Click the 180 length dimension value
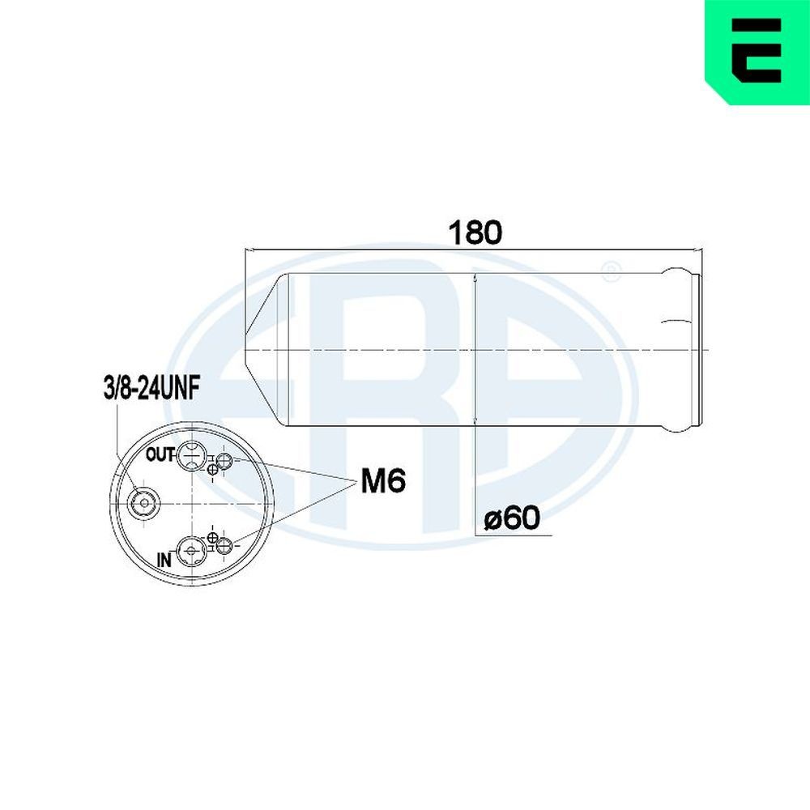coord(476,232)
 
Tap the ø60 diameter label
coord(511,517)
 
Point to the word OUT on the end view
coord(160,454)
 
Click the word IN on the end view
coord(164,558)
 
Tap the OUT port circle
coord(190,456)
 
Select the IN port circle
coord(190,551)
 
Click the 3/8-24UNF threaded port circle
coord(144,503)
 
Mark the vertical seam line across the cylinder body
coord(475,348)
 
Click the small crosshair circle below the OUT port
coord(212,470)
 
